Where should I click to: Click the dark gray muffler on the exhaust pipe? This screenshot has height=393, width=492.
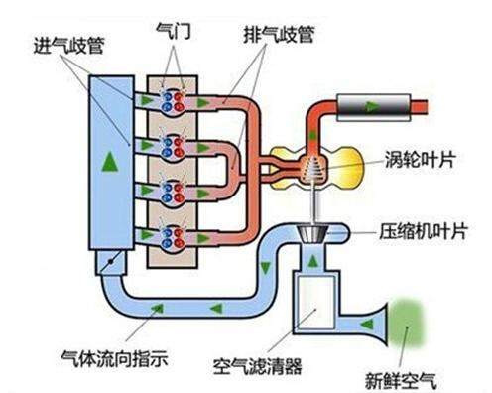tap(369, 102)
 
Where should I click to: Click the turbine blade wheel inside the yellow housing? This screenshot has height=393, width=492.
tap(313, 169)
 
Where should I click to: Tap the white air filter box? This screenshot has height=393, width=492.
tap(316, 303)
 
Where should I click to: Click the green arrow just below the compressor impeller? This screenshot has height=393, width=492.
tap(314, 261)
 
